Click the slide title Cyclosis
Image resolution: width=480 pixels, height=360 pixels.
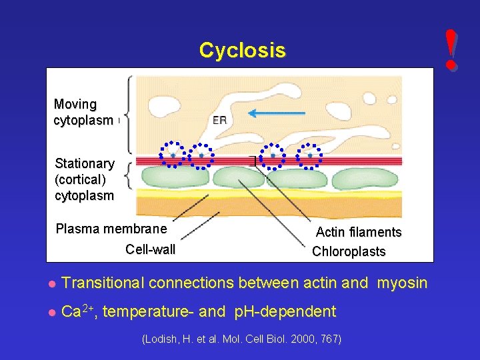pyautogui.click(x=242, y=50)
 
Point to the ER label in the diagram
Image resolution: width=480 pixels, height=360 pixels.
pyautogui.click(x=220, y=121)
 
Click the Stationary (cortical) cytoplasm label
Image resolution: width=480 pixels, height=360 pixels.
pyautogui.click(x=85, y=179)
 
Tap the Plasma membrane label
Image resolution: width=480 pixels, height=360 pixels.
pyautogui.click(x=111, y=229)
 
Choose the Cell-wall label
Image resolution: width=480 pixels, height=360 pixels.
pyautogui.click(x=150, y=250)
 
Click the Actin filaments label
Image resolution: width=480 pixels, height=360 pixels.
pyautogui.click(x=358, y=233)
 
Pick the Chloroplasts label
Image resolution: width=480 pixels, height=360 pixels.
pyautogui.click(x=349, y=252)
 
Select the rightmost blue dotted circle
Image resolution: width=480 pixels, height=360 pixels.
pyautogui.click(x=309, y=155)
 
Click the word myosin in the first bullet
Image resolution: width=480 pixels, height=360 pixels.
pyautogui.click(x=402, y=283)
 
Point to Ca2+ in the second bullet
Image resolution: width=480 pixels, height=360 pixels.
pyautogui.click(x=79, y=311)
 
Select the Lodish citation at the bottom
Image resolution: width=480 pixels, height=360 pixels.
pyautogui.click(x=242, y=339)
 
